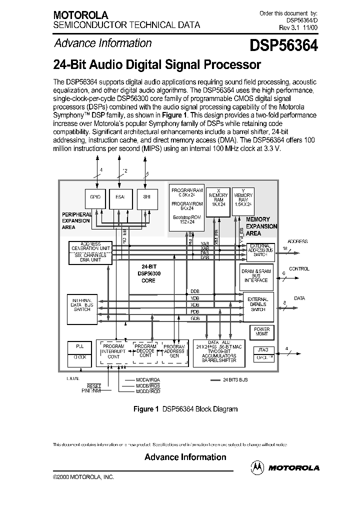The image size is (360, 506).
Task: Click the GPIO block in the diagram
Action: (95, 197)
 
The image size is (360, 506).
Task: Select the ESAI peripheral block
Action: (120, 197)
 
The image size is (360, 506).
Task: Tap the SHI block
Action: (146, 197)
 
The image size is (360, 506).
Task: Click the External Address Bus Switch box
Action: (260, 250)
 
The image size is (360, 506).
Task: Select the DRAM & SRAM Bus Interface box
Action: (256, 275)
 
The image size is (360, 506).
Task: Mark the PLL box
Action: (80, 346)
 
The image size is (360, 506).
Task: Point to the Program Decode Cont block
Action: (145, 351)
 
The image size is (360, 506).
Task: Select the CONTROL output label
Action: (299, 269)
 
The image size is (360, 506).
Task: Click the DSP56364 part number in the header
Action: (283, 46)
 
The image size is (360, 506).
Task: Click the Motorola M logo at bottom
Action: (258, 467)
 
